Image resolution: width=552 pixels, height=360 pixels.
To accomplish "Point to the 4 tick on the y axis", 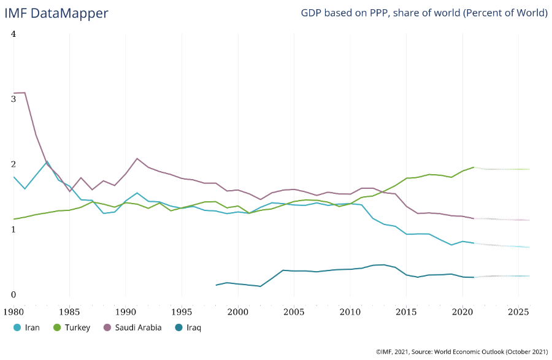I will (x=13, y=34).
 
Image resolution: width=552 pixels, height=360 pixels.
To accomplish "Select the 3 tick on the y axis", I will (x=13, y=99).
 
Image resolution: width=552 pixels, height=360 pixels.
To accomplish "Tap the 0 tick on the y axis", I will (x=13, y=295).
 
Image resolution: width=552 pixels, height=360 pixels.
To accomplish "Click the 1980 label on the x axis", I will (x=13, y=312).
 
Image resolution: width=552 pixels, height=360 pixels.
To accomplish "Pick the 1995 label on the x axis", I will (x=182, y=312).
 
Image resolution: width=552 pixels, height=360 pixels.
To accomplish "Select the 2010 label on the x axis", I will (x=350, y=312).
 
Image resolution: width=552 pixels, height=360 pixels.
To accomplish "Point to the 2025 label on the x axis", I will (x=518, y=312).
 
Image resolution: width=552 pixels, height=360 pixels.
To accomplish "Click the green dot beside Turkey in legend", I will (x=58, y=327).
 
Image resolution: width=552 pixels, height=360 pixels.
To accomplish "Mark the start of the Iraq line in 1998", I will (x=216, y=285).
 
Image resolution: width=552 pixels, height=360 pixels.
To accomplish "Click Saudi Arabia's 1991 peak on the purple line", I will (x=137, y=158).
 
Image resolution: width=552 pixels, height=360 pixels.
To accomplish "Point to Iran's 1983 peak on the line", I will (x=47, y=161).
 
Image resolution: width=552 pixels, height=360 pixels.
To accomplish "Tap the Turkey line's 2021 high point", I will (x=473, y=167).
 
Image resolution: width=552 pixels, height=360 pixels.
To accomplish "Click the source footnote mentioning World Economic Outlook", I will (x=461, y=351).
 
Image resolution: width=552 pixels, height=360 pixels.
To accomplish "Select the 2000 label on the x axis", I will (x=238, y=312).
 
